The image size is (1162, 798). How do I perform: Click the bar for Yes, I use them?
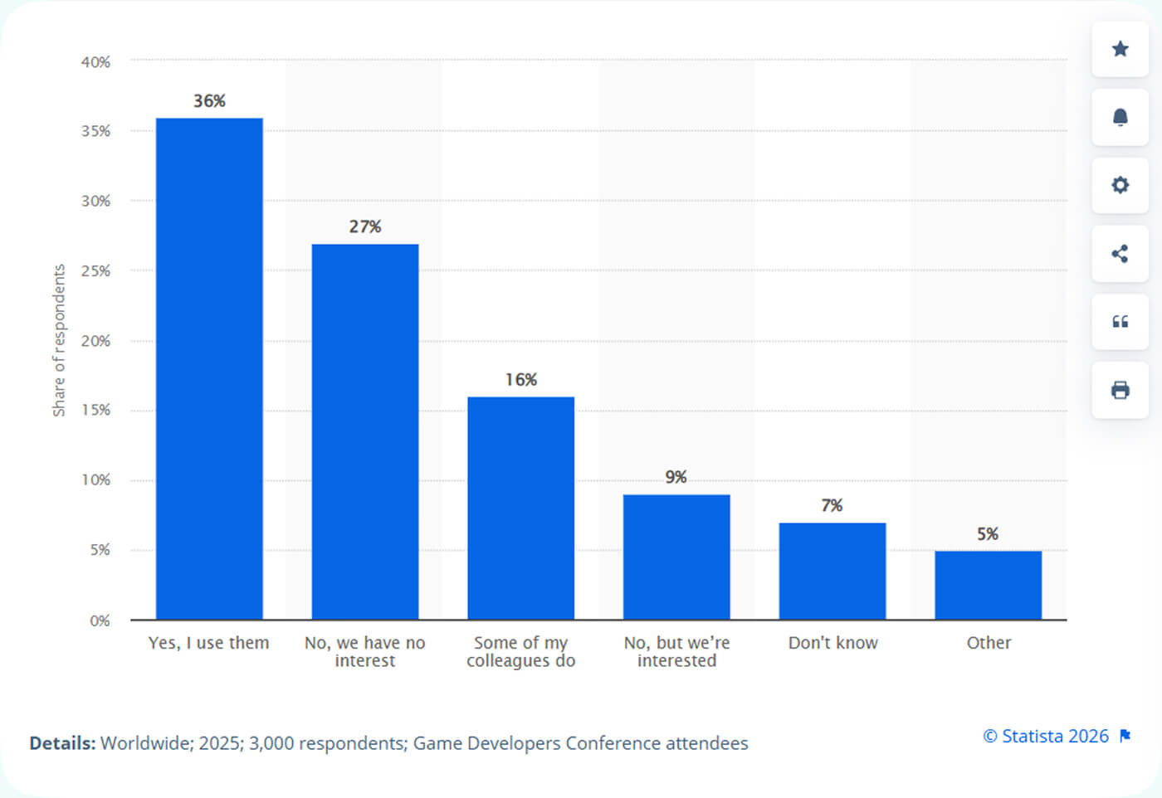209,368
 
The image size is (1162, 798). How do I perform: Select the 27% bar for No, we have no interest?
365,431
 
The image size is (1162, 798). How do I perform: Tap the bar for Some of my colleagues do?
520,508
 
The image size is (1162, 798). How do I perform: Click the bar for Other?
988,585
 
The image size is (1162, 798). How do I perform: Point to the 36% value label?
209,101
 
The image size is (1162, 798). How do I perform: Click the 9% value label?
676,477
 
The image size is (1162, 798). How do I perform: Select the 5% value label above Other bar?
988,534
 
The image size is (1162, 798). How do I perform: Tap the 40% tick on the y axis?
95,62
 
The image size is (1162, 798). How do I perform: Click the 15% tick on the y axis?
95,410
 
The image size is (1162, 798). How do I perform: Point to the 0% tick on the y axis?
100,620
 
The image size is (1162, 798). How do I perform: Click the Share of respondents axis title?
59,340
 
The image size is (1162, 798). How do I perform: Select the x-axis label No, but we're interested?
676,651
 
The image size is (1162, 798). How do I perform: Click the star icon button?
1120,49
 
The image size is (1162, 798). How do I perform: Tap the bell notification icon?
1120,117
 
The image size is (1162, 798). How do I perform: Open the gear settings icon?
1120,185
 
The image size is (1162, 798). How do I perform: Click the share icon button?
1120,253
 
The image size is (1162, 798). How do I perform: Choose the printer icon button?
1120,390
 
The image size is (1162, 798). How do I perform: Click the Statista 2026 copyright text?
1046,736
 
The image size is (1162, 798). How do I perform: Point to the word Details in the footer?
62,743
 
